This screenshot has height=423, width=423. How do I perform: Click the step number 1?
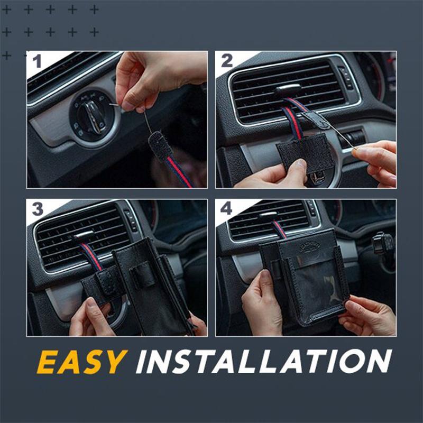37,62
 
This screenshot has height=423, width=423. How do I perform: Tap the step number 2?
226,61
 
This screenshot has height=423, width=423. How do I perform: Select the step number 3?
37,209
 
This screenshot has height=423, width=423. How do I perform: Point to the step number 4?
226,208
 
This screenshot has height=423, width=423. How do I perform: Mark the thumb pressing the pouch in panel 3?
92,309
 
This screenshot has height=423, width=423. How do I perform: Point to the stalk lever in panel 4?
383,244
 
